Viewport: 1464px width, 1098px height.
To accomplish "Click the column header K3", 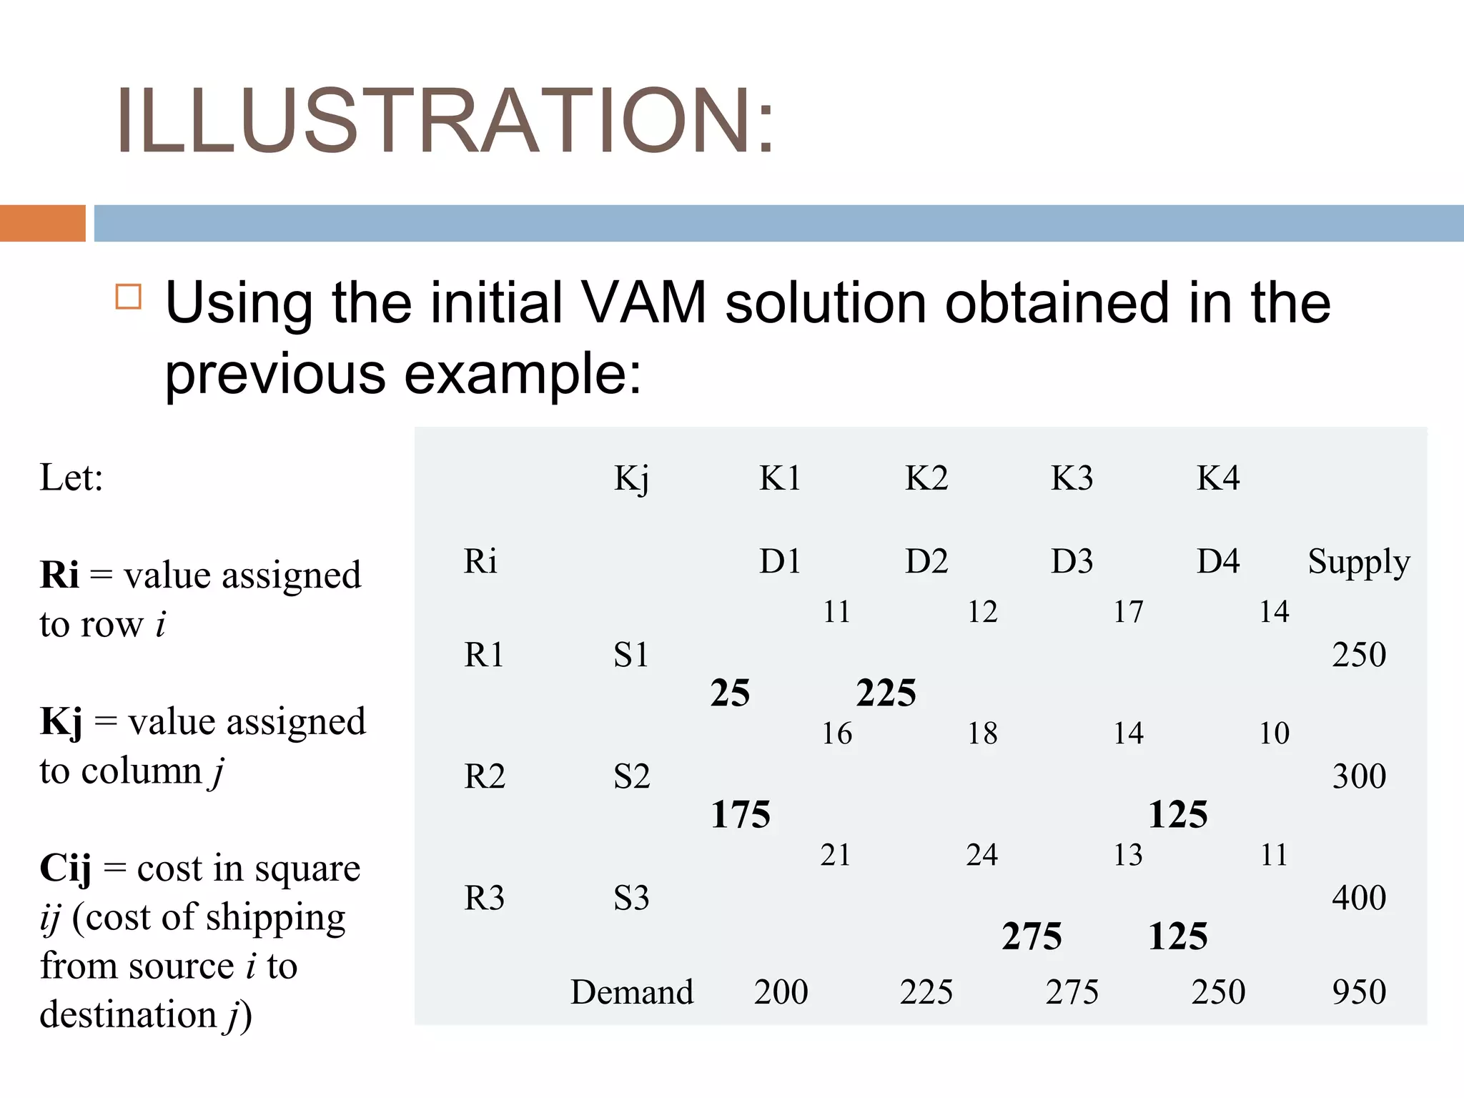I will click(1072, 478).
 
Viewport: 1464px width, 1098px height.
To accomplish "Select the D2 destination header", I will click(926, 561).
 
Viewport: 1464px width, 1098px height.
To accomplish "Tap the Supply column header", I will click(1358, 563).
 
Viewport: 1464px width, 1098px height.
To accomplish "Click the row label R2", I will click(484, 776).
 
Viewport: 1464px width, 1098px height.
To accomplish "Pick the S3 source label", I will click(631, 898).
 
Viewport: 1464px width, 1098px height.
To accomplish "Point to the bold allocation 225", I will click(886, 693).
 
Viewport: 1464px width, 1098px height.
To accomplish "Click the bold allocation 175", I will click(740, 814).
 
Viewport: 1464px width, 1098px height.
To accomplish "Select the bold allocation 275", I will click(1032, 936).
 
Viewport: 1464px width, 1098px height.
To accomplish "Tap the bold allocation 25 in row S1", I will click(730, 693).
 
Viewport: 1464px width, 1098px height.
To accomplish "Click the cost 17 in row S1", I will click(1128, 612).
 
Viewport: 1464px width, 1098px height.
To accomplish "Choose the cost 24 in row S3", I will click(981, 855).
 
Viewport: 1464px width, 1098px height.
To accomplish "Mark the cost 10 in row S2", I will click(1274, 733).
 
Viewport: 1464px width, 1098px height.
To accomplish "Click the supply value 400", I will click(1358, 898).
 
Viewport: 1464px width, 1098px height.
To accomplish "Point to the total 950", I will click(1358, 992).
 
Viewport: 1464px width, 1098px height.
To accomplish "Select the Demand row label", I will click(632, 992).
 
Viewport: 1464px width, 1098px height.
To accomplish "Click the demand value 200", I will click(781, 992).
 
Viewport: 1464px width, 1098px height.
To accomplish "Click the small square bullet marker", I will click(129, 296).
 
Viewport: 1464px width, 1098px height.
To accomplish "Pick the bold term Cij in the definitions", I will click(65, 869).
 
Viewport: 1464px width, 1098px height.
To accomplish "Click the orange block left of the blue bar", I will click(43, 223).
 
